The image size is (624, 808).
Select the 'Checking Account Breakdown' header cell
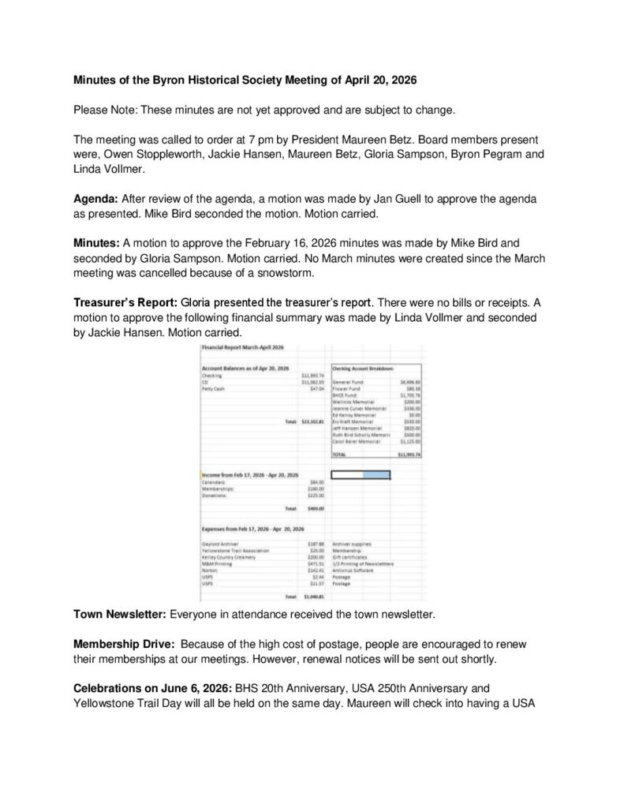coord(364,368)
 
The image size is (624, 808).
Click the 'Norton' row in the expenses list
coord(209,576)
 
